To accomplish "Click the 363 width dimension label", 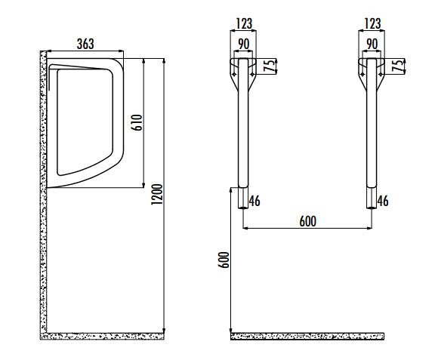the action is pos(85,44).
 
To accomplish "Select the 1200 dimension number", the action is pos(157,194).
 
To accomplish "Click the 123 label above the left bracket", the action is pos(244,23).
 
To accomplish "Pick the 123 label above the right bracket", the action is pos(372,23).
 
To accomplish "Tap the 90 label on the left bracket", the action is pos(244,44).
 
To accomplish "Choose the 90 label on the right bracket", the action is pos(372,44).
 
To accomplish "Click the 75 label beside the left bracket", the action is pos(270,66).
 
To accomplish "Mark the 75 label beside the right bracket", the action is pos(398,66).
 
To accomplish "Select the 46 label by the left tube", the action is pos(254,201).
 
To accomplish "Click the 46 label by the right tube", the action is pos(383,201).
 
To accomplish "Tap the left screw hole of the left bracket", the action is pos(234,74).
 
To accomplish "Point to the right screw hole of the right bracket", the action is pos(381,74).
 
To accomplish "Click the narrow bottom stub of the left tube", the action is pos(243,198).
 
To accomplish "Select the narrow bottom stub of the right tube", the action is pos(372,198).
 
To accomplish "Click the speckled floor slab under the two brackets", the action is pos(307,336).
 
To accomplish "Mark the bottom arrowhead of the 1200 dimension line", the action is pos(164,330).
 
